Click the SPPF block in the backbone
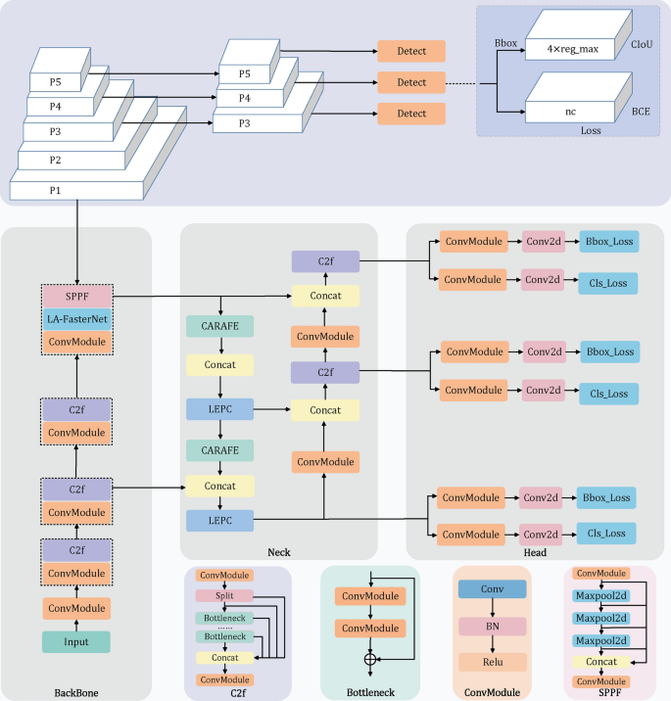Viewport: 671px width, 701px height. click(75, 294)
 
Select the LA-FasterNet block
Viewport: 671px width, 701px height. click(75, 318)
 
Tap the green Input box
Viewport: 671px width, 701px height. click(75, 641)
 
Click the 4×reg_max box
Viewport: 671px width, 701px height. click(569, 46)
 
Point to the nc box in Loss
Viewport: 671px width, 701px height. click(569, 112)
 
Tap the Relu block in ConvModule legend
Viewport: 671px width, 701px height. click(492, 661)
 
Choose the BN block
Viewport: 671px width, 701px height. click(492, 626)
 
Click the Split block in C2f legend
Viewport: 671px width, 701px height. click(225, 595)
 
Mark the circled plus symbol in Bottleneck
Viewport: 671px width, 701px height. click(369, 660)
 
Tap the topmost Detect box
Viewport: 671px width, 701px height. click(410, 52)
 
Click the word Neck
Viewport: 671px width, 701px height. click(278, 552)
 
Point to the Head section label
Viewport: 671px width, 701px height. click(534, 552)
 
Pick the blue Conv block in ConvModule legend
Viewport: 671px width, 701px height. click(492, 589)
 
